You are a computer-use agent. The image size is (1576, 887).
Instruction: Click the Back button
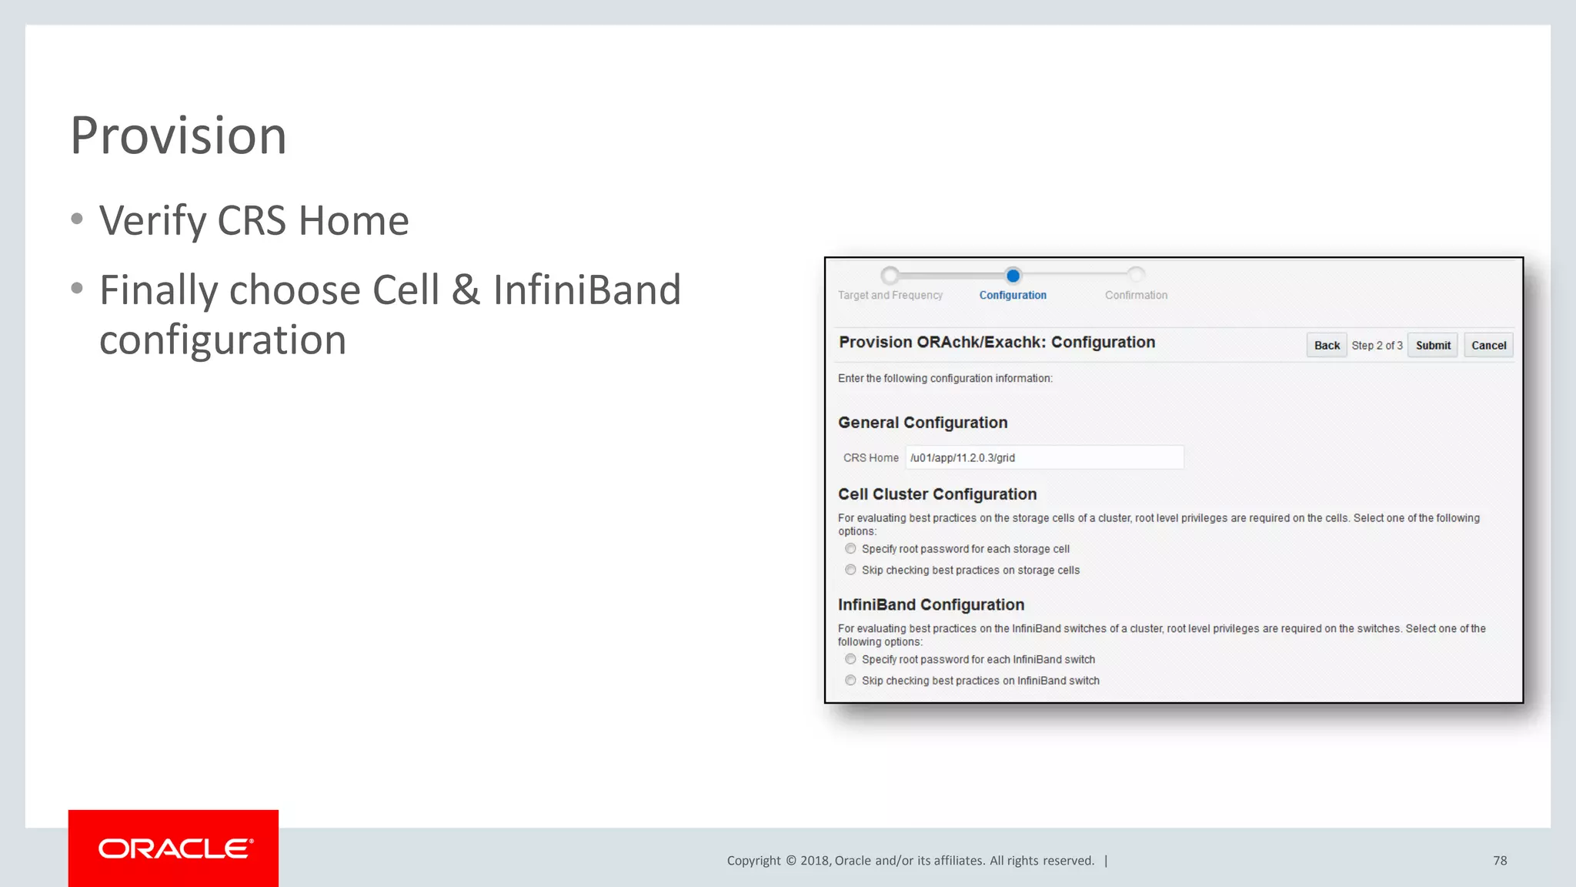(1326, 346)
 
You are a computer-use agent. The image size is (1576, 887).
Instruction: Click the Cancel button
(1488, 346)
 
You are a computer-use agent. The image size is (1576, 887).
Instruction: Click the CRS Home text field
(1043, 457)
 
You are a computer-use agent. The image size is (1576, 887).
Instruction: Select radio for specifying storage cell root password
(850, 549)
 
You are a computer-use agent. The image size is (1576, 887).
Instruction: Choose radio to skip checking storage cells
(850, 570)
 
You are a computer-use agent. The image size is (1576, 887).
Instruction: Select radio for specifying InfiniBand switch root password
(850, 659)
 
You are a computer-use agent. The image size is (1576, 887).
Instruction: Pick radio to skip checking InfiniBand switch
(850, 681)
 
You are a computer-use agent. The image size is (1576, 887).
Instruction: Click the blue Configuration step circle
(1013, 276)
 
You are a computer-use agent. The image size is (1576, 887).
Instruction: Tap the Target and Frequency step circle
(890, 276)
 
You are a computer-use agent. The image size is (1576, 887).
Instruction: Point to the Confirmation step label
(1136, 295)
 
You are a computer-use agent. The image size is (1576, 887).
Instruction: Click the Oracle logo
(174, 849)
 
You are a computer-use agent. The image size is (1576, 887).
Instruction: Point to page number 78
(1500, 861)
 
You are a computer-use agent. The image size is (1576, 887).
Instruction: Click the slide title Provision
(179, 136)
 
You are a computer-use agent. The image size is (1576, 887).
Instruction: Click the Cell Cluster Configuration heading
(937, 494)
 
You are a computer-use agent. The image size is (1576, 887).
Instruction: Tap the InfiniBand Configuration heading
(931, 605)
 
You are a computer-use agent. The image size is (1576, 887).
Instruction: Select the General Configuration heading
(923, 423)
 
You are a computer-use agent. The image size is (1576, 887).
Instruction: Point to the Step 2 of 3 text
(1377, 346)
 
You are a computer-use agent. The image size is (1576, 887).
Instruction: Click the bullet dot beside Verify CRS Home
(77, 219)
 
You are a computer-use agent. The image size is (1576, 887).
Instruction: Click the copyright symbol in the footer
(790, 861)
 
